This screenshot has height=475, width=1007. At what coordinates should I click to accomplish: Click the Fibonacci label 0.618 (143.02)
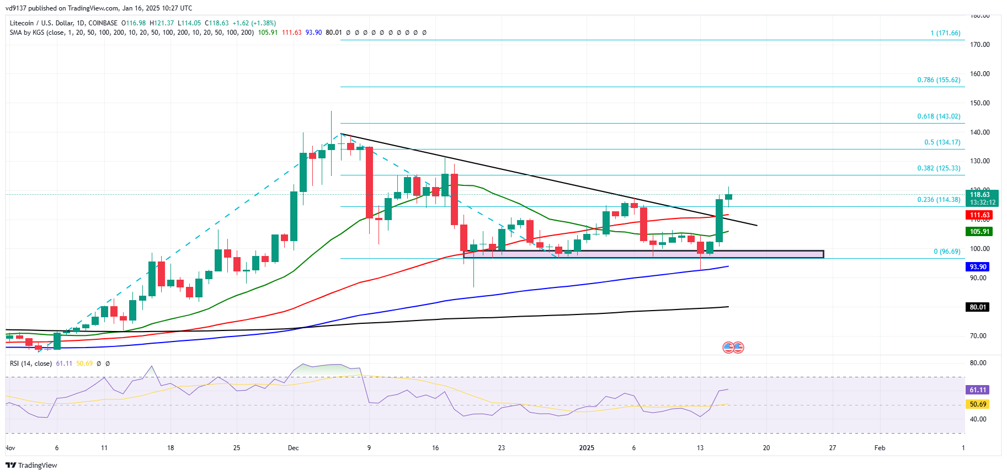[939, 116]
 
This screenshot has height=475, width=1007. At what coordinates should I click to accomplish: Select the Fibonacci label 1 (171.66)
[945, 33]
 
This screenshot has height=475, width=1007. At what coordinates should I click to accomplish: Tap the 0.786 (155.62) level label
[939, 80]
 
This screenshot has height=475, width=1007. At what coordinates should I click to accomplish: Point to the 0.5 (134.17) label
[942, 142]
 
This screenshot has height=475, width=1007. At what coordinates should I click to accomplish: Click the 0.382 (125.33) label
[939, 168]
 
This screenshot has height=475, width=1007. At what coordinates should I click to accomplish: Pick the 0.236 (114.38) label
[939, 200]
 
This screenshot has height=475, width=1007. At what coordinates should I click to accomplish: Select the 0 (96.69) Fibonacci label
[947, 252]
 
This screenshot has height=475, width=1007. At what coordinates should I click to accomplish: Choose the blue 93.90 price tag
[978, 267]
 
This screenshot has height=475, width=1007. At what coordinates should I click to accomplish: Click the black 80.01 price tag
[978, 307]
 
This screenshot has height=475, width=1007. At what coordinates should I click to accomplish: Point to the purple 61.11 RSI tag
[978, 390]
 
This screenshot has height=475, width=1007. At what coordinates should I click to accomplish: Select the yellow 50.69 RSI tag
[978, 404]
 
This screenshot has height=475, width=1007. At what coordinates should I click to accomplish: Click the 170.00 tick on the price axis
[979, 45]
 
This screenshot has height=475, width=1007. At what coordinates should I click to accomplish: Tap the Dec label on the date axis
[293, 448]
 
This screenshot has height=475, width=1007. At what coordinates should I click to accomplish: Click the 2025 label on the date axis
[587, 448]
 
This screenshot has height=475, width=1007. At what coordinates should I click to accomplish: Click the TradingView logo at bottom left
[31, 466]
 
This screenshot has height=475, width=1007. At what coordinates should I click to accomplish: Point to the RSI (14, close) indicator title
[31, 364]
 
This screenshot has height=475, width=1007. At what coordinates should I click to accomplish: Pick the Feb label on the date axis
[880, 448]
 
